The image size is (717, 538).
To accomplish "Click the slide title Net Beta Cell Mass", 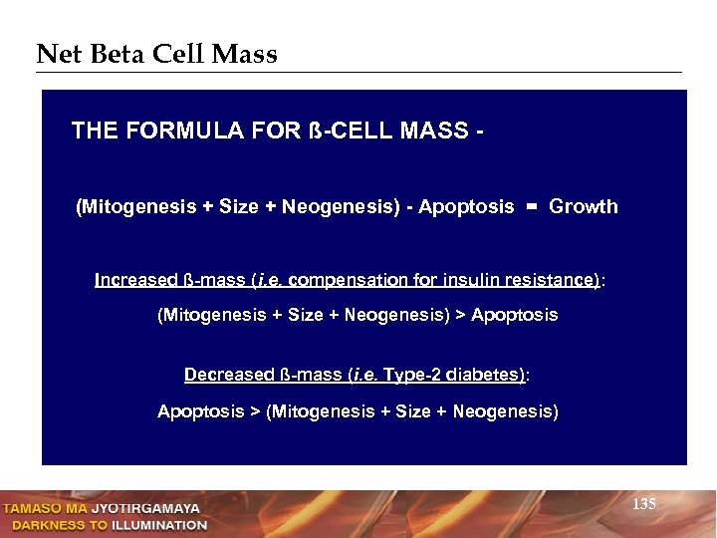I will [156, 54].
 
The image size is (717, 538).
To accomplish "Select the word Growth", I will [584, 207].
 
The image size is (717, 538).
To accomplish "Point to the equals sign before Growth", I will [531, 207].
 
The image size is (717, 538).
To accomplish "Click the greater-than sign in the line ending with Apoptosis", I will [460, 315].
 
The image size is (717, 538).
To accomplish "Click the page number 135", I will [644, 505].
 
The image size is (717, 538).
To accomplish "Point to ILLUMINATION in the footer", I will [159, 524].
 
